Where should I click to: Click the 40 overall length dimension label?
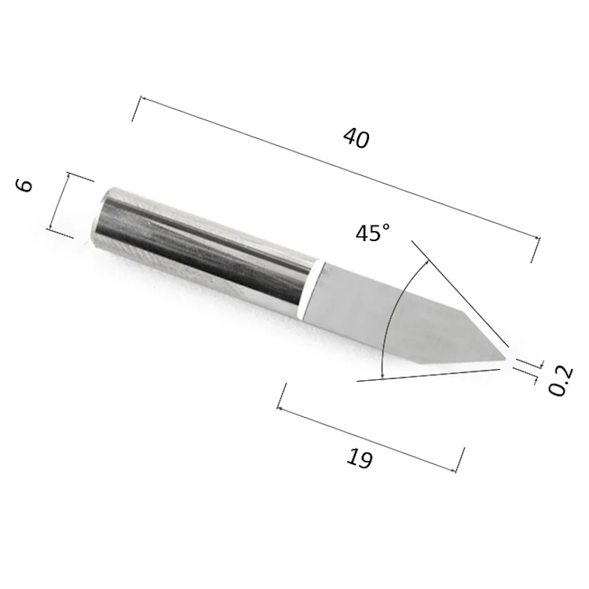356,138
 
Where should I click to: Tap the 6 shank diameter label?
25,185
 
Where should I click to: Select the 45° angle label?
372,232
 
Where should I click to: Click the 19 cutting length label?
360,459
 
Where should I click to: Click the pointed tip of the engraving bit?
507,358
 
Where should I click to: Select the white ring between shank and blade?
311,289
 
